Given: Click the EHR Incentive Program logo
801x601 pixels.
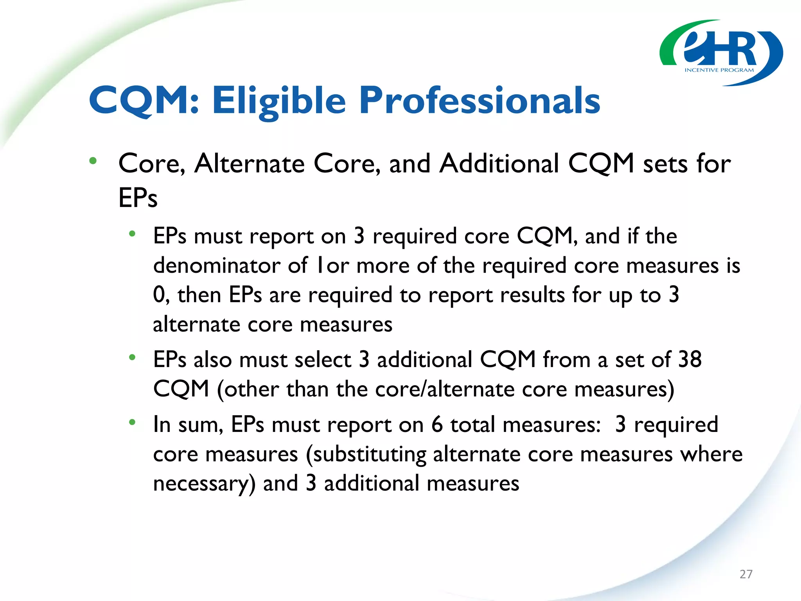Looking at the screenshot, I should (721, 53).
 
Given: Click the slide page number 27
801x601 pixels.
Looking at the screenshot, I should (746, 574).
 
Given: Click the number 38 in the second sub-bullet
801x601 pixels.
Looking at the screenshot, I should (690, 359).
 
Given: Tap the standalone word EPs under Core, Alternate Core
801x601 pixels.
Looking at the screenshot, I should (138, 198).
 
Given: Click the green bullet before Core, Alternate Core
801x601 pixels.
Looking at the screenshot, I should (93, 161).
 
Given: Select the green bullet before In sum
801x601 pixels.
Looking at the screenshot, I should (132, 422).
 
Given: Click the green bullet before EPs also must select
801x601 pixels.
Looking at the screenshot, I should (132, 357).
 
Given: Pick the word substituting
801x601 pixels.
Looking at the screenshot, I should (369, 455).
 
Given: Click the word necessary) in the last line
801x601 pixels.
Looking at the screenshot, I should (204, 484).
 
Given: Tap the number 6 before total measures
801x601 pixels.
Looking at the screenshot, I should (437, 424).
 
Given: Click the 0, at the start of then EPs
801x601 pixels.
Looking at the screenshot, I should (161, 295).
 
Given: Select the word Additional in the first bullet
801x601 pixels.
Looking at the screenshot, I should (499, 163).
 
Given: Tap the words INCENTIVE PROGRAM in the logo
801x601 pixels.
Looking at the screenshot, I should (719, 70).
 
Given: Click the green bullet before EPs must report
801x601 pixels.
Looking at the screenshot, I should (132, 234).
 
